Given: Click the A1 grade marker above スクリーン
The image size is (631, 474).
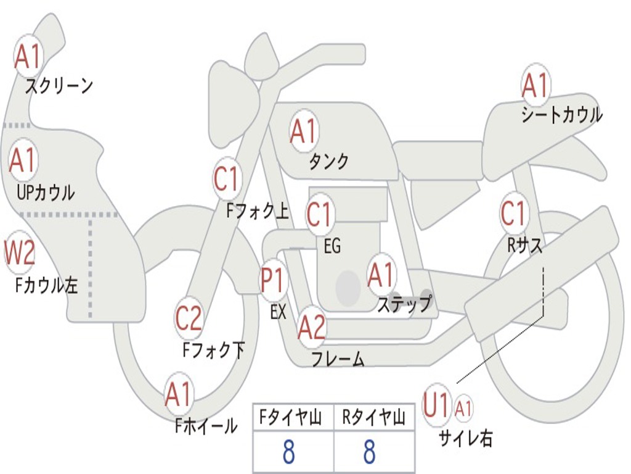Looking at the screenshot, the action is click(28, 57).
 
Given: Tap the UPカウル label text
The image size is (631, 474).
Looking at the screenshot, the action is click(46, 192).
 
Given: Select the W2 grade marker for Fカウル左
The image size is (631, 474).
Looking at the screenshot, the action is click(20, 252).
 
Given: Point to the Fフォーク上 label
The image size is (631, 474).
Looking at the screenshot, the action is click(257, 212).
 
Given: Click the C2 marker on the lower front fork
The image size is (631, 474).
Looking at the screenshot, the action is click(189, 318).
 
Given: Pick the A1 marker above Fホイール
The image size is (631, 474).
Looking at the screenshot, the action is click(179, 395).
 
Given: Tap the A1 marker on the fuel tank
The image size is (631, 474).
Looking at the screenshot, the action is click(303, 131).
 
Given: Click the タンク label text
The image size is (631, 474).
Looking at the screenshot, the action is click(328, 162).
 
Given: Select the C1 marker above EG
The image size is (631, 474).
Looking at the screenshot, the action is click(320, 215).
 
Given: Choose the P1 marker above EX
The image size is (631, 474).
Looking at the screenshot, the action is click(273, 281).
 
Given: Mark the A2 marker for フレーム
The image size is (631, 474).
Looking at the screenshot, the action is click(311, 327).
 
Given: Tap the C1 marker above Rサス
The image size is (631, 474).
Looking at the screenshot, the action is click(514, 214).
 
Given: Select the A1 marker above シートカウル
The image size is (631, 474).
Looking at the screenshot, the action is click(535, 85).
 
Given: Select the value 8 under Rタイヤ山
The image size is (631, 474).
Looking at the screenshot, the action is click(369, 452).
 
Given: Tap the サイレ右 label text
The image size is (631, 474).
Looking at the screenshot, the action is click(465, 438).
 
